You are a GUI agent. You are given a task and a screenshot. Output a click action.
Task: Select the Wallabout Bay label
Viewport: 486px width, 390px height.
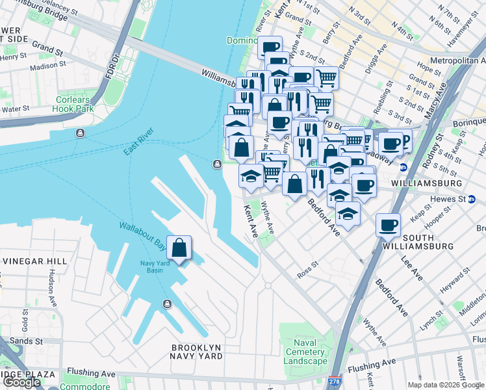click(x=141, y=235)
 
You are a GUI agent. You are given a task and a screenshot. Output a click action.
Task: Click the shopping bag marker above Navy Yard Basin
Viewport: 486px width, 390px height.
click(x=179, y=248)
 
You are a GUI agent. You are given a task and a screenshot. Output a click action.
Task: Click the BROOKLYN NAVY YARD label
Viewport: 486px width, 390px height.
click(x=196, y=352)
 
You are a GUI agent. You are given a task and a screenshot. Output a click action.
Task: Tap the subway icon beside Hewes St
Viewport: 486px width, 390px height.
click(x=471, y=199)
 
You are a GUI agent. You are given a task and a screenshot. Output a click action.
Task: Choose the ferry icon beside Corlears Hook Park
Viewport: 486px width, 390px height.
click(x=80, y=133)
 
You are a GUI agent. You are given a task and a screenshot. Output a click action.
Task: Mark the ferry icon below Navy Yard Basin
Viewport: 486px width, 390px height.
click(x=167, y=304)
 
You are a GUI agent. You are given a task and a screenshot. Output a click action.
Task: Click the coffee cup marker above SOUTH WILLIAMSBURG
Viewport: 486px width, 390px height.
click(x=389, y=226)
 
